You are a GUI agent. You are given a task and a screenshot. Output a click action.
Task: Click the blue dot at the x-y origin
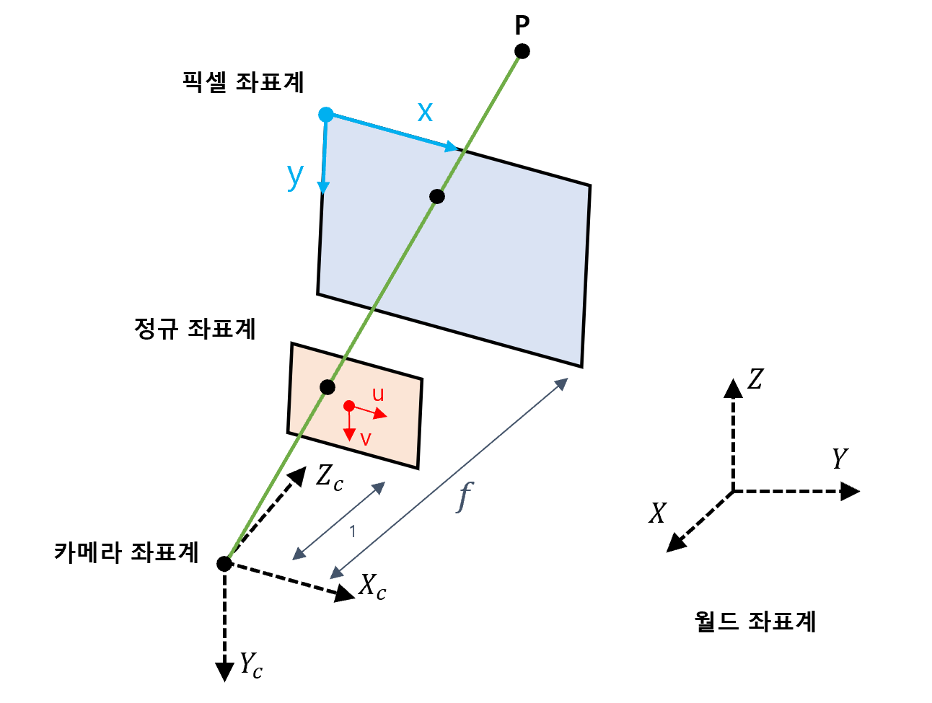(326, 115)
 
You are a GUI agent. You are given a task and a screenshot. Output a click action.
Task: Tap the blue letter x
(425, 112)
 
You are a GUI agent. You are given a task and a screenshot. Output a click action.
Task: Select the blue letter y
(294, 174)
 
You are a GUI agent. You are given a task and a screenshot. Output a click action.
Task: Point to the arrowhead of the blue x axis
(452, 147)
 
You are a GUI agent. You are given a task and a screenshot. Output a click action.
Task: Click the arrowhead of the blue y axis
(323, 187)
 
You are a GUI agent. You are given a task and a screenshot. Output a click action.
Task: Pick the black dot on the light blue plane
(436, 196)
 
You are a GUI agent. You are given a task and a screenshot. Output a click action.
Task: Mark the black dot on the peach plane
(327, 387)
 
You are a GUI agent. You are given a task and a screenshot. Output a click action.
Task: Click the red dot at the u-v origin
(349, 406)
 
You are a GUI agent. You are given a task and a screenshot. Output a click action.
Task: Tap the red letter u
(378, 394)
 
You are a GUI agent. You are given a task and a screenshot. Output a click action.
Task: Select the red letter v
(365, 439)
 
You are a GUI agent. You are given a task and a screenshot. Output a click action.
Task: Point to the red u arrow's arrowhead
(381, 415)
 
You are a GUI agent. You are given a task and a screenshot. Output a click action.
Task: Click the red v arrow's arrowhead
(349, 435)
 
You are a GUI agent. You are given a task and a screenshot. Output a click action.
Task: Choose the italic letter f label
(464, 497)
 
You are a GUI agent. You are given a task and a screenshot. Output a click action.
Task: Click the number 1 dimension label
(353, 532)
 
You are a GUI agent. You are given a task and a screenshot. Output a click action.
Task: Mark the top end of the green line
(518, 58)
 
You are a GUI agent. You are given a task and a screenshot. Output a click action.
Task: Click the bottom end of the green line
(229, 557)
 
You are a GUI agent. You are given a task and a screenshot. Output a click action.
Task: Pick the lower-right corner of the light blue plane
(580, 364)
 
